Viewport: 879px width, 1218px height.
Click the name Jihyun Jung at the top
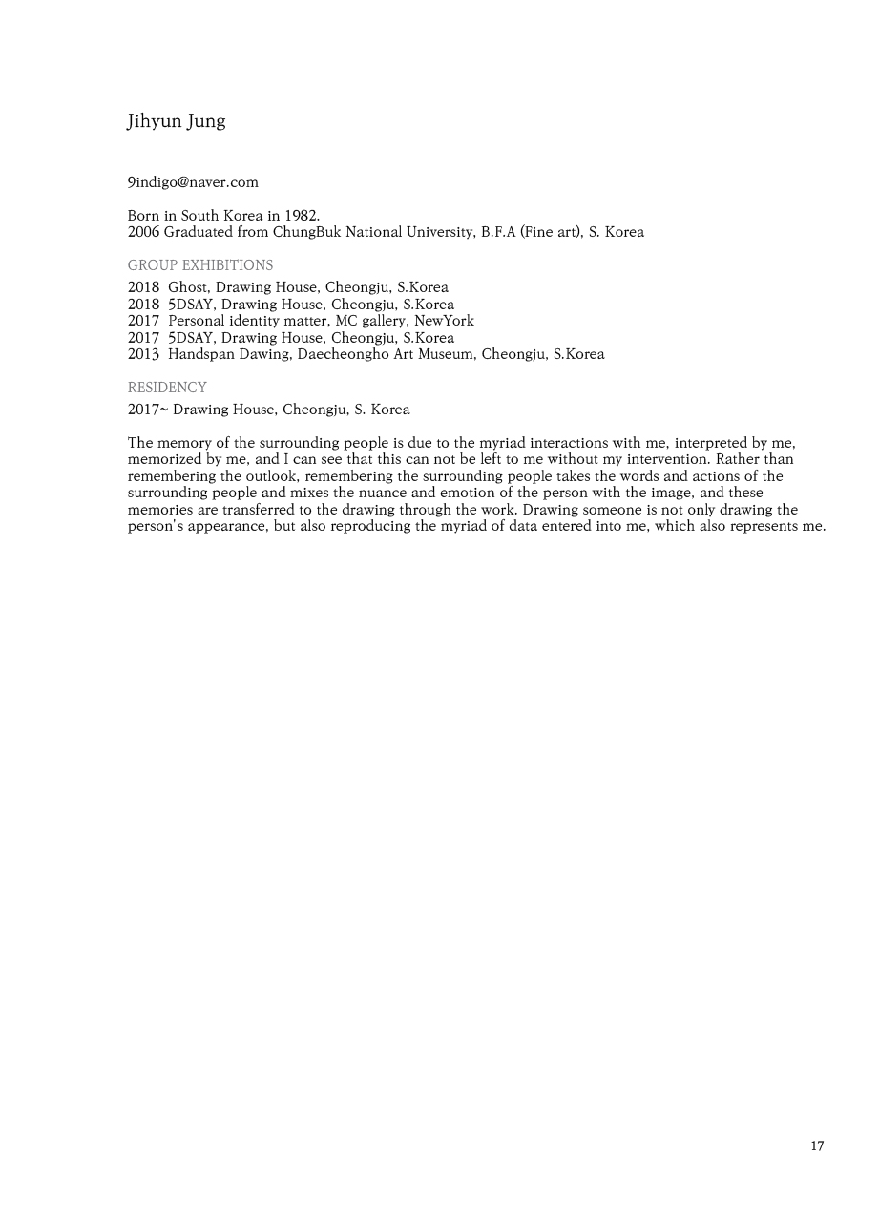pyautogui.click(x=176, y=121)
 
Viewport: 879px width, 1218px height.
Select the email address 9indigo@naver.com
pyautogui.click(x=193, y=182)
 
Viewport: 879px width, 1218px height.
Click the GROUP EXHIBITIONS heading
pyautogui.click(x=200, y=265)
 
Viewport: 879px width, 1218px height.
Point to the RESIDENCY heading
pyautogui.click(x=167, y=388)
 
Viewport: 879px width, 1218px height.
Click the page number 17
pyautogui.click(x=817, y=1146)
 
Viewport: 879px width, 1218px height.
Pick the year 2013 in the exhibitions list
pyautogui.click(x=143, y=354)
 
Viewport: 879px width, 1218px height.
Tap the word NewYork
pyautogui.click(x=444, y=321)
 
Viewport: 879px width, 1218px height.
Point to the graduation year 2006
pyautogui.click(x=143, y=232)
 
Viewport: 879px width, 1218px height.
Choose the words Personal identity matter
pyautogui.click(x=247, y=321)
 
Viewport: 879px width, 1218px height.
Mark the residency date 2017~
pyautogui.click(x=147, y=409)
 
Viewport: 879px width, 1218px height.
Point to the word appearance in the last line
pyautogui.click(x=223, y=526)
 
